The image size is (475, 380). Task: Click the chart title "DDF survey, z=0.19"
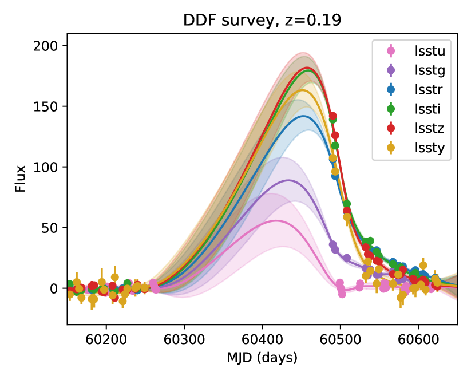262,21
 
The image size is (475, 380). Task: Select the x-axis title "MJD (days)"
262,359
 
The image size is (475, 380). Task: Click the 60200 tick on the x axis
106,338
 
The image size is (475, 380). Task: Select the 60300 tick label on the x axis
184,338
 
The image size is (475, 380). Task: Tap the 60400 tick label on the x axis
262,338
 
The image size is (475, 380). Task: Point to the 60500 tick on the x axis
340,338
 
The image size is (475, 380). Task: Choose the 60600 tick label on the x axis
418,338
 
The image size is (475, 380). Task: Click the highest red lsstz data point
332,116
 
